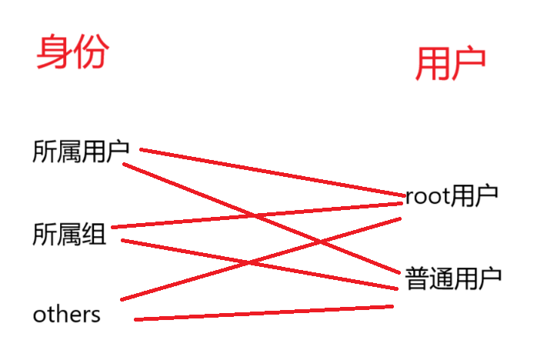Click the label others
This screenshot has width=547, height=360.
coord(66,315)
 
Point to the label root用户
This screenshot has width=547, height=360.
coord(452,196)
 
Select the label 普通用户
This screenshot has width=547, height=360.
coord(452,277)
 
